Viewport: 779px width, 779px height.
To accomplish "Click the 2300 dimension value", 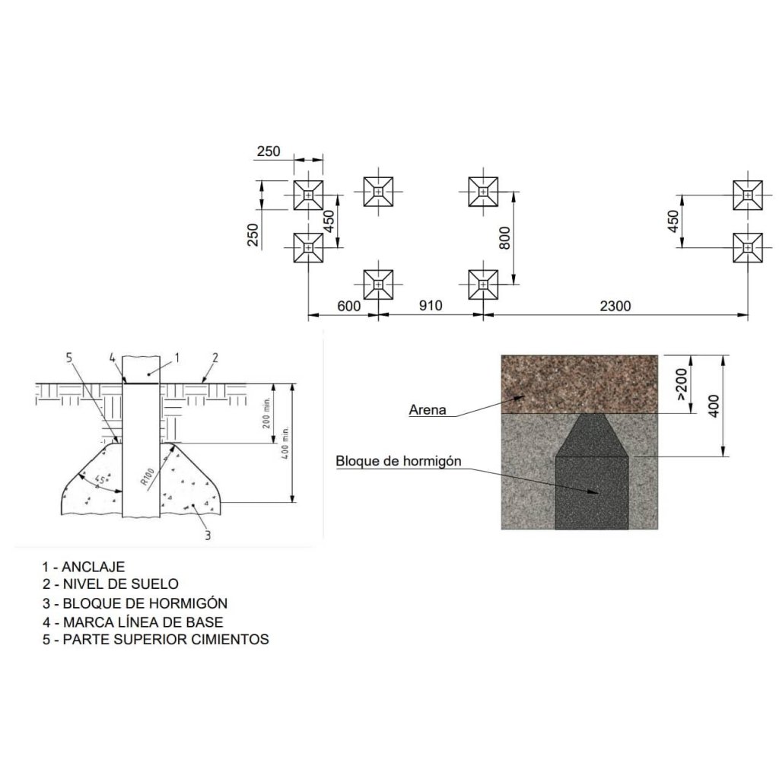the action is point(615,306).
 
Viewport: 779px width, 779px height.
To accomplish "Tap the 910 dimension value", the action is point(431,306).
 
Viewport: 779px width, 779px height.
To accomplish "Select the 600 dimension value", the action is point(348,306).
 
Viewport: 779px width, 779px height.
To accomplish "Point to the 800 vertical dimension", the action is point(504,238).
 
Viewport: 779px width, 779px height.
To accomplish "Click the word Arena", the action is point(428,410).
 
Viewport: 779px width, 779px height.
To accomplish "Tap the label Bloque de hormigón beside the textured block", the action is point(399,461).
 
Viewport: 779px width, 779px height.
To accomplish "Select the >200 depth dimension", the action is point(682,384).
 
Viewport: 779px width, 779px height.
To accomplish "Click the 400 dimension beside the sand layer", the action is point(714,406).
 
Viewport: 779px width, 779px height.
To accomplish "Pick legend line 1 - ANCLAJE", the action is point(84,567).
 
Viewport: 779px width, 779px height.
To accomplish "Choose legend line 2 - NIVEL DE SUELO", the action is point(110,583).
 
